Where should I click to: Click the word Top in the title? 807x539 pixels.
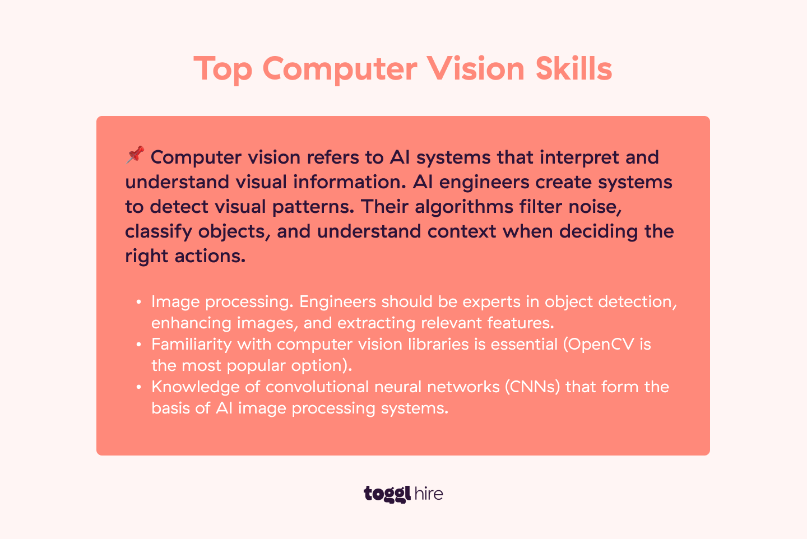point(223,69)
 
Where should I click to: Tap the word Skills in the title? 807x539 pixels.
point(573,68)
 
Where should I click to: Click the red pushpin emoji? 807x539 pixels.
point(135,155)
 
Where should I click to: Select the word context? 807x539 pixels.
point(462,231)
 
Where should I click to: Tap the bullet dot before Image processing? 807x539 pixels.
point(138,303)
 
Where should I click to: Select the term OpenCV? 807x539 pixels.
point(601,344)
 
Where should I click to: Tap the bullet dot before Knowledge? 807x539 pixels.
point(138,388)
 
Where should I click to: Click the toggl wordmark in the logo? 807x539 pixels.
point(387,494)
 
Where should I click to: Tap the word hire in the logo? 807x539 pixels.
point(429,494)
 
